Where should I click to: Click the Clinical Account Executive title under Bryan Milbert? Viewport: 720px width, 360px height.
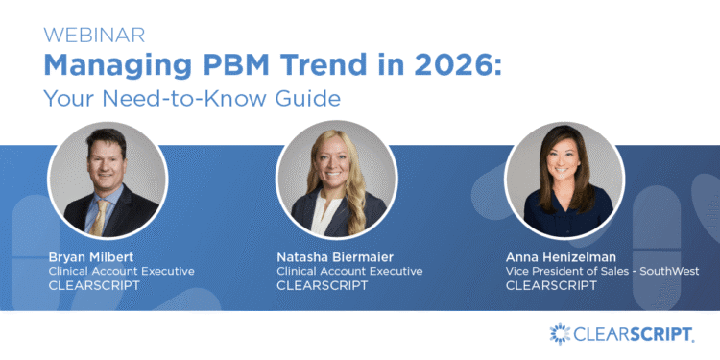pyautogui.click(x=121, y=271)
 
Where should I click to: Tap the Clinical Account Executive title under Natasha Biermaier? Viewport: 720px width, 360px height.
pyautogui.click(x=349, y=271)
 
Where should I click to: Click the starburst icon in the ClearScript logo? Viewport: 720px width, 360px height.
pyautogui.click(x=561, y=334)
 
